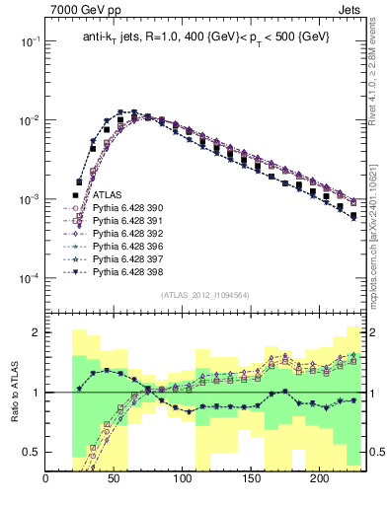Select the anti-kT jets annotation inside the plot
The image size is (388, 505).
206,37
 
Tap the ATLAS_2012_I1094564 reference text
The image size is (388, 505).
205,294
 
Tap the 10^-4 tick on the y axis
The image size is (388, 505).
30,278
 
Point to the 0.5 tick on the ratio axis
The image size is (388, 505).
32,453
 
